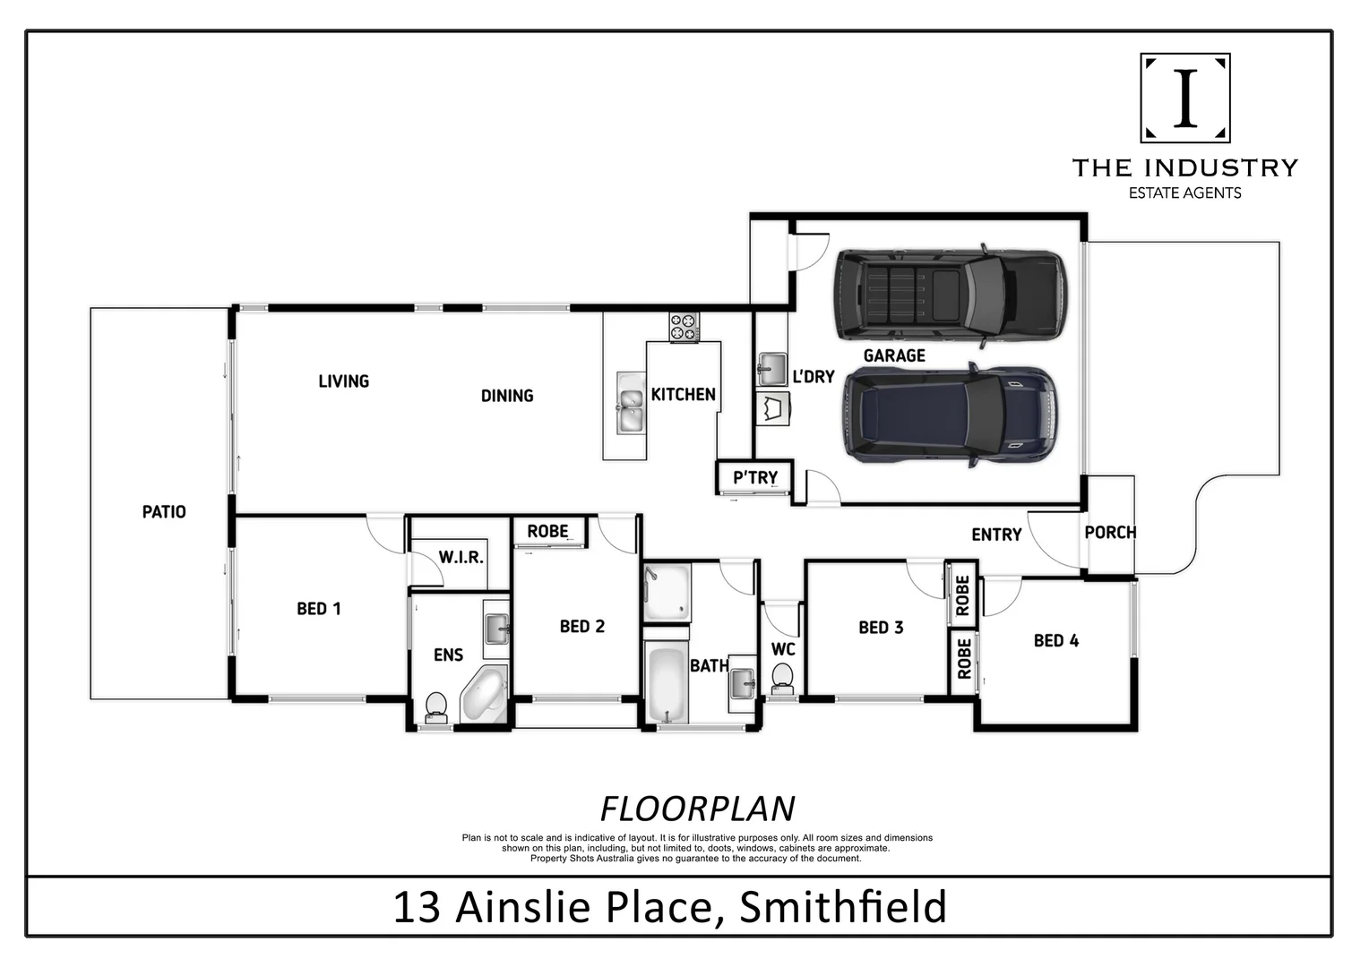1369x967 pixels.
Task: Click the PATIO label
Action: (x=164, y=512)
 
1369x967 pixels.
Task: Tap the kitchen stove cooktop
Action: (x=684, y=327)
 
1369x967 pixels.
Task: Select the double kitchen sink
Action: (x=630, y=403)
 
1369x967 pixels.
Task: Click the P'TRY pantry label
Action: (x=754, y=478)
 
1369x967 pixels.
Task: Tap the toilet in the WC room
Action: (x=782, y=677)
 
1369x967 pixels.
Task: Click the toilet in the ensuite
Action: (x=436, y=706)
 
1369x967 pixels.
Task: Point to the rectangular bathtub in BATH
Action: (x=665, y=685)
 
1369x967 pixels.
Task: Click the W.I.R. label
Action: (x=461, y=557)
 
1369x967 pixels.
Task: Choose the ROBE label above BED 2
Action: (x=547, y=531)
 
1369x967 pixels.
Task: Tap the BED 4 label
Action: (x=1055, y=640)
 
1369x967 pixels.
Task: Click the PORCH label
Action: (x=1110, y=533)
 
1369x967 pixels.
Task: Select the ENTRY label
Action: (x=996, y=535)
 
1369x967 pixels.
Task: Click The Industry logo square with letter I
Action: (x=1184, y=98)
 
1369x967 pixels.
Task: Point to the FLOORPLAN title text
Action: (x=697, y=809)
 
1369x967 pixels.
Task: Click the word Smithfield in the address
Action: (x=842, y=907)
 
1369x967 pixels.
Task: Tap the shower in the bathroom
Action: (x=667, y=592)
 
